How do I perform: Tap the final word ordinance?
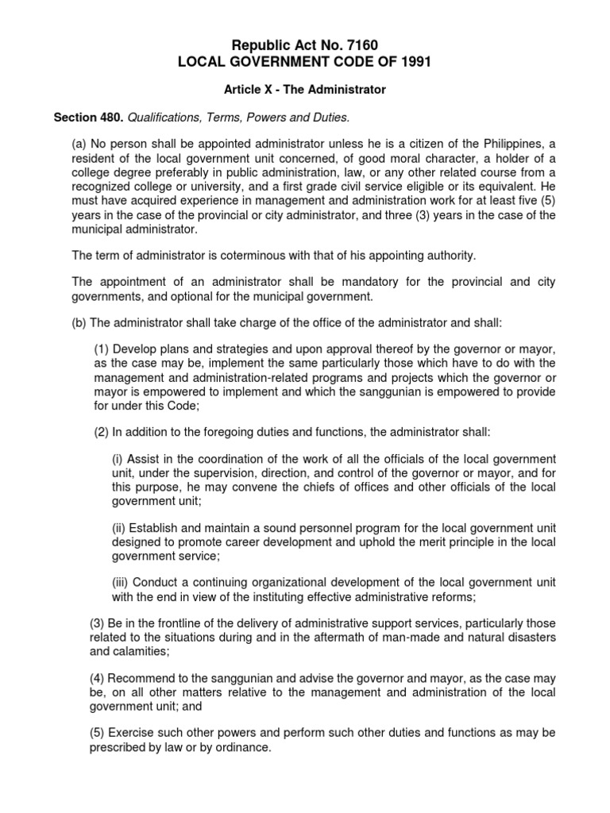[x=245, y=748]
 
